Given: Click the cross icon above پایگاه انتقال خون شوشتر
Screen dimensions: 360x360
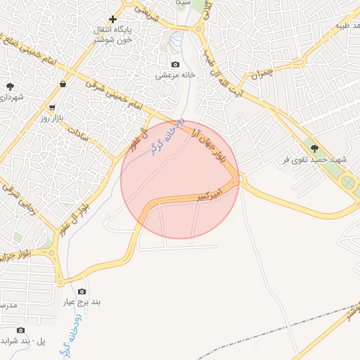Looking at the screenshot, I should (x=112, y=19).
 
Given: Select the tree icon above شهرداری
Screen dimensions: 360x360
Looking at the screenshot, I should (x=11, y=86).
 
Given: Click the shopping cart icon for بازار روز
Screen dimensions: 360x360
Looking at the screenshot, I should (x=52, y=108).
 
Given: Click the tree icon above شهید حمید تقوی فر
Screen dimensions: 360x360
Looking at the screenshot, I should (x=314, y=148).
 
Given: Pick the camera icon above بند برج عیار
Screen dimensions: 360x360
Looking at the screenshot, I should (x=82, y=291).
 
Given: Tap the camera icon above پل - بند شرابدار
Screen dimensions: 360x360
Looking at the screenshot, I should (x=20, y=330).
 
